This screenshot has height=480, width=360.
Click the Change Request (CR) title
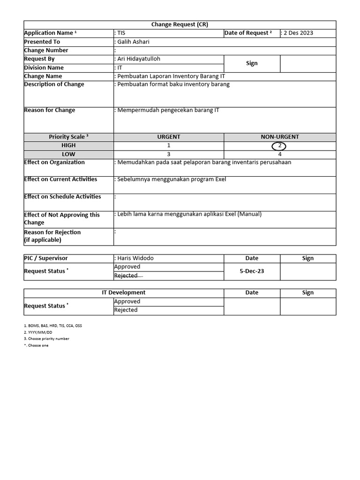pos(180,24)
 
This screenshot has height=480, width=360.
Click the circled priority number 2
pos(279,146)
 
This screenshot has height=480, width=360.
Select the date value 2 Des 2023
pos(299,33)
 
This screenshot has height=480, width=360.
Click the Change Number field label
pos(46,50)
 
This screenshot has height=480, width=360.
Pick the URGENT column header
pos(169,137)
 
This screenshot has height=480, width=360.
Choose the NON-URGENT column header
pos(280,137)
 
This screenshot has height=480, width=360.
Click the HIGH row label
pos(68,146)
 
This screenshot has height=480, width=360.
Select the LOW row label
pos(68,154)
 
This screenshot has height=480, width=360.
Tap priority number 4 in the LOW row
pos(280,154)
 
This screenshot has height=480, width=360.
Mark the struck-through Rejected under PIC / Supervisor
pos(127,276)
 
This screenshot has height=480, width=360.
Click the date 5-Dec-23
pos(252,271)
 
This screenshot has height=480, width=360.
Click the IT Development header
pos(124,292)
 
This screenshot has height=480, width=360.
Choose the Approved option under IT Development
pos(127,301)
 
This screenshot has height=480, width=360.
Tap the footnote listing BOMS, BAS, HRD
pos(52,325)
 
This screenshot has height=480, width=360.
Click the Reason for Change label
pos(49,110)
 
